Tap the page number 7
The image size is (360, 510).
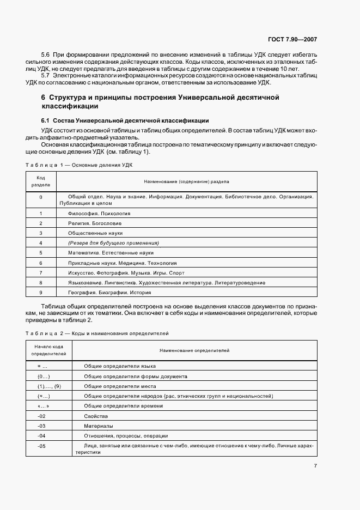click(315, 465)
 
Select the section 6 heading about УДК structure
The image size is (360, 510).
click(160, 102)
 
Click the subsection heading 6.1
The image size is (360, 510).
click(125, 120)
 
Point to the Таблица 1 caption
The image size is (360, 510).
click(79, 164)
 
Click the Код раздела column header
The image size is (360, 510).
click(41, 181)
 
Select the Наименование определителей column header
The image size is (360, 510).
click(194, 350)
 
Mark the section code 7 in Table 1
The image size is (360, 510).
click(41, 272)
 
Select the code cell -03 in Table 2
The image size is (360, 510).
click(41, 426)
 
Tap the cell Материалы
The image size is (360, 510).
click(99, 426)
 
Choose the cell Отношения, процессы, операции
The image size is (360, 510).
click(126, 436)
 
